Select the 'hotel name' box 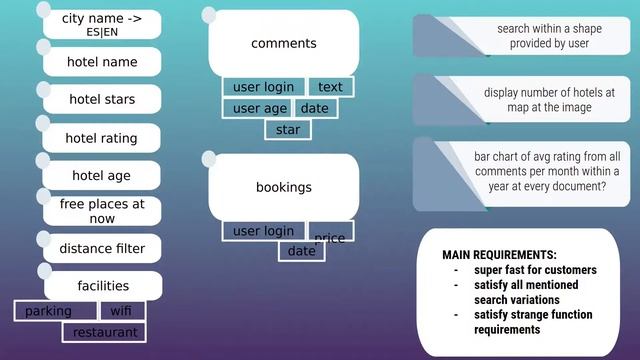(x=102, y=62)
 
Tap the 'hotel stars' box (x=102, y=100)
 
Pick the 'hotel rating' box (x=102, y=138)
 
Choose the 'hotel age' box (x=102, y=176)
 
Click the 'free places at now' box (x=102, y=211)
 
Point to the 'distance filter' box (x=102, y=249)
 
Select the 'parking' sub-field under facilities (x=49, y=311)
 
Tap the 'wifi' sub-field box (x=121, y=311)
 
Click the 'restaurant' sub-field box (x=104, y=331)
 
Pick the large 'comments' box (x=283, y=43)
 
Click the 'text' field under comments (x=330, y=87)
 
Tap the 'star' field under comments (x=288, y=130)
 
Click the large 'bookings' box (x=283, y=187)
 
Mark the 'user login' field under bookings (x=264, y=231)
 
